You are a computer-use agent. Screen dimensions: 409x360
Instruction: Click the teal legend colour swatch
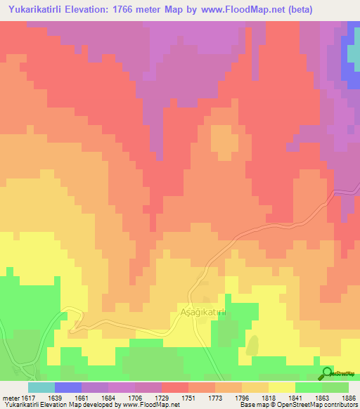coord(41,387)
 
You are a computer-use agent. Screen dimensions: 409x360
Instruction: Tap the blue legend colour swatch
coord(67,387)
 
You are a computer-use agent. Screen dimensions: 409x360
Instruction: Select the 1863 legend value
coord(316,398)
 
